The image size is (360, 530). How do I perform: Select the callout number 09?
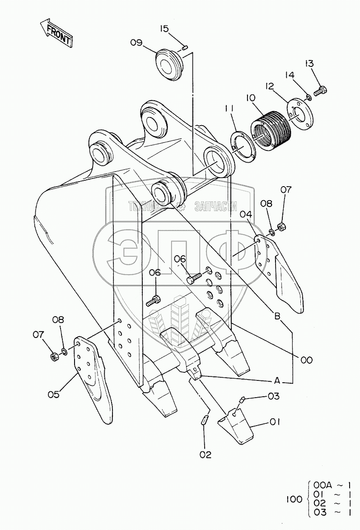(136, 43)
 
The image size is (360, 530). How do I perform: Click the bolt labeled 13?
(320, 91)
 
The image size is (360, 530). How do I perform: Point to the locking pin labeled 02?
(205, 418)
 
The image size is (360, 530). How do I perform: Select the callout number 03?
(274, 396)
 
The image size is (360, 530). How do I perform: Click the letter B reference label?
(276, 316)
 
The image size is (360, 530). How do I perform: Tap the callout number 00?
(306, 360)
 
